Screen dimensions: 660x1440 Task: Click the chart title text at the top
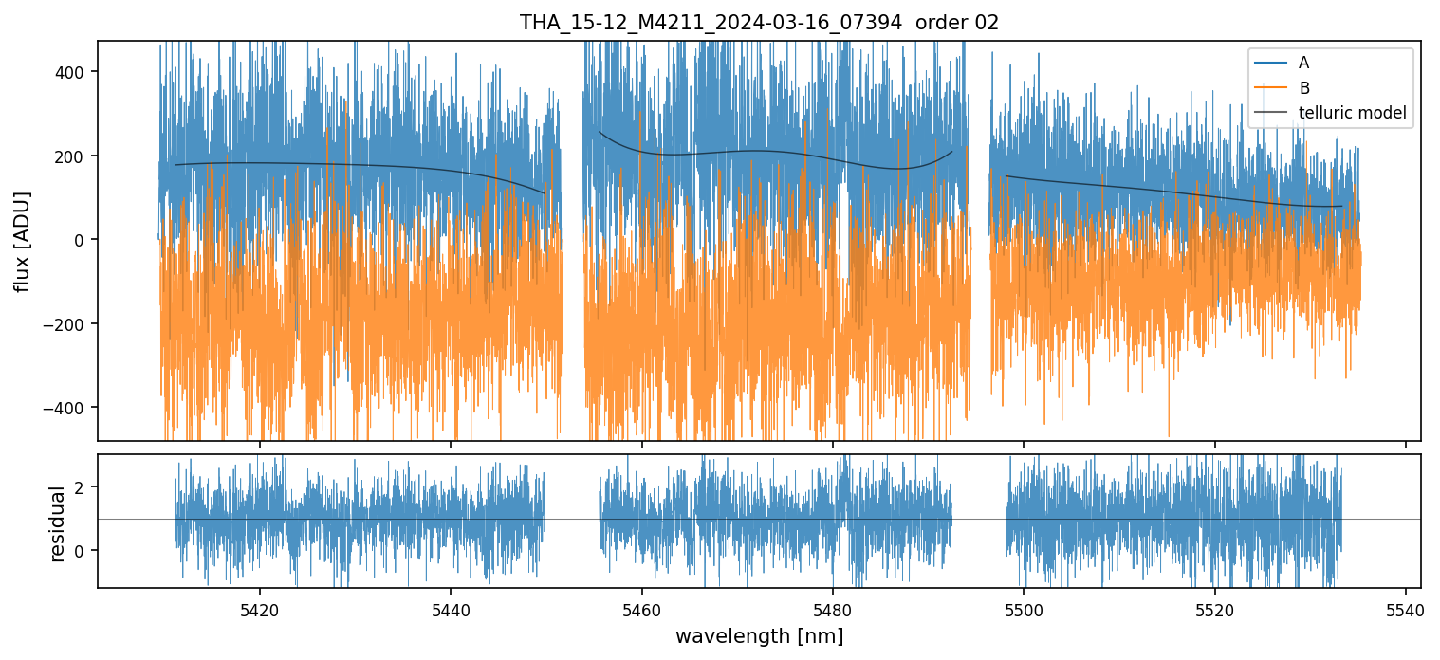coord(759,23)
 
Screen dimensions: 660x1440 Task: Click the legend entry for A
coord(1303,63)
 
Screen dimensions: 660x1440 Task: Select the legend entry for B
coord(1303,88)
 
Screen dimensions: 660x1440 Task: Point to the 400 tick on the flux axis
coord(74,72)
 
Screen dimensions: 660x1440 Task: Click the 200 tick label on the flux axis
coord(74,156)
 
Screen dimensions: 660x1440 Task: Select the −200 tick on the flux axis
coord(70,324)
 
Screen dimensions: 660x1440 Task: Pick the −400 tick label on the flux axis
coord(70,408)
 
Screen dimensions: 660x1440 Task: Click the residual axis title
coord(57,522)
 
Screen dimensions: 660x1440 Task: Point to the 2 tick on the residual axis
coord(83,487)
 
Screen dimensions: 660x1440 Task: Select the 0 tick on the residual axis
coord(83,551)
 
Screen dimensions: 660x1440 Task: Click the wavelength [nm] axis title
coord(759,635)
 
